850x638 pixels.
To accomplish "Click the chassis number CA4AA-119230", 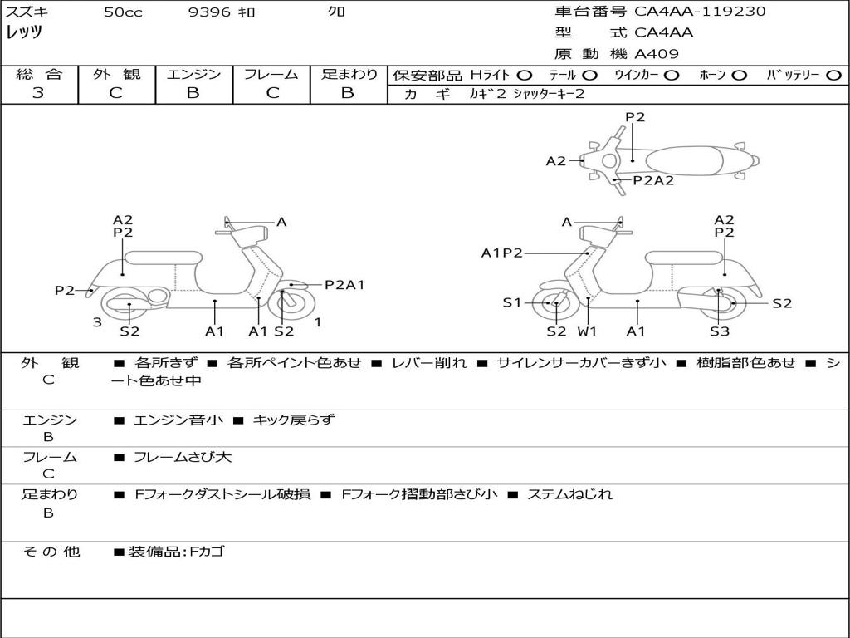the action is [x=700, y=12].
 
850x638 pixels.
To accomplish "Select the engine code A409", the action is [x=657, y=54].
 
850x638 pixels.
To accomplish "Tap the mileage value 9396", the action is [x=209, y=12].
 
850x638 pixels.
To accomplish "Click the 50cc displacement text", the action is [x=123, y=12].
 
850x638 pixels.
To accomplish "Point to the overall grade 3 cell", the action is [x=38, y=93].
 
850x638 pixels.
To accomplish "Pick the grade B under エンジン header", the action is [x=193, y=93].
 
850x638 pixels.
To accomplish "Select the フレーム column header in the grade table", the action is [x=271, y=74].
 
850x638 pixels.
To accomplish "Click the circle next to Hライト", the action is [x=525, y=75].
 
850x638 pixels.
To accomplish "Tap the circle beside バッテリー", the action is [x=833, y=75].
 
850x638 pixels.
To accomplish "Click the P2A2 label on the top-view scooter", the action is [x=653, y=180].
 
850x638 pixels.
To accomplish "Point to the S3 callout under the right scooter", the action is [x=719, y=331].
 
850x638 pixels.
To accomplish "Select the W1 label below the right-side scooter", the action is [x=588, y=331].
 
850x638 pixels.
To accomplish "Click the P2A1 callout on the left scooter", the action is [x=344, y=285].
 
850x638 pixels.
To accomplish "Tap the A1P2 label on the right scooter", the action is [x=501, y=253].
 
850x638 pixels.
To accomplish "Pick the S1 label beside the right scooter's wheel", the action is [x=512, y=303].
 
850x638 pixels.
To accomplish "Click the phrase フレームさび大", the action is [x=183, y=457].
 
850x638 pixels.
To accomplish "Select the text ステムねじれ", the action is [x=570, y=494].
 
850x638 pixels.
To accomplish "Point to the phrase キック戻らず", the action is [x=293, y=420].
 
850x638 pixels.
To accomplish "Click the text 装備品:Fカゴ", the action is [x=176, y=551].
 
